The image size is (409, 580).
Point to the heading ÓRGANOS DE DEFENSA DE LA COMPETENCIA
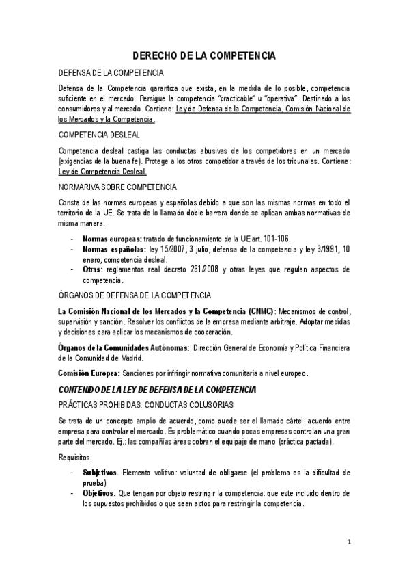(135, 295)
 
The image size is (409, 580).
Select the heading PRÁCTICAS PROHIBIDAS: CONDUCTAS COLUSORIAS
(145, 404)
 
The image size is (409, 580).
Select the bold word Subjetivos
(101, 473)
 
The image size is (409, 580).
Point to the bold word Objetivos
(100, 493)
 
